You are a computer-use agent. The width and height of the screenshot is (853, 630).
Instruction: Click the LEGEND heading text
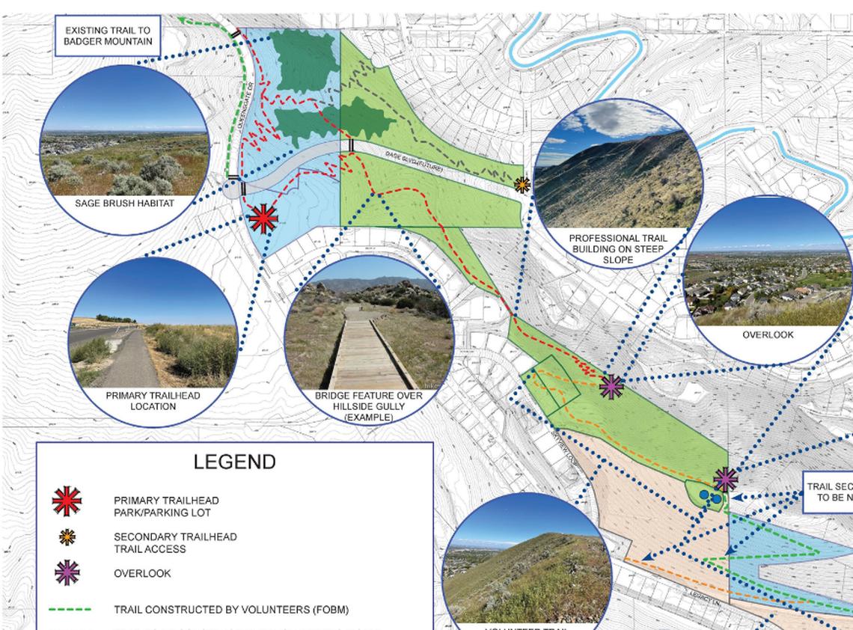click(234, 462)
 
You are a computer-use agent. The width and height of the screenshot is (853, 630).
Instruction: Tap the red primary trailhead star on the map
click(263, 218)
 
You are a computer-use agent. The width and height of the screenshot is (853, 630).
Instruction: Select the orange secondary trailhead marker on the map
click(522, 183)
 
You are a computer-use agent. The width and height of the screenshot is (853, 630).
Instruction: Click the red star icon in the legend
click(67, 501)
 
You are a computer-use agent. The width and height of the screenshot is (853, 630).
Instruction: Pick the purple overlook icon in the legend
click(67, 573)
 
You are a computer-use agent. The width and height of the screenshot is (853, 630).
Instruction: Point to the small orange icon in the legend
click(67, 536)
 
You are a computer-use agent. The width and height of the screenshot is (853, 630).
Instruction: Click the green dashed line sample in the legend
click(69, 610)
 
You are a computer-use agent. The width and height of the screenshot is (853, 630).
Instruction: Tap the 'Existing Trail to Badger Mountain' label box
click(107, 36)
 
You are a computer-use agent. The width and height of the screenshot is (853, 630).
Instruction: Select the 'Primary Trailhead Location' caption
click(153, 401)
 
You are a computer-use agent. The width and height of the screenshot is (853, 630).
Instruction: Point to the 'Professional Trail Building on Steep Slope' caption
click(618, 249)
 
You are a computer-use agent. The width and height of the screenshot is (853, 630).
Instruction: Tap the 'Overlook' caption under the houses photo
click(768, 335)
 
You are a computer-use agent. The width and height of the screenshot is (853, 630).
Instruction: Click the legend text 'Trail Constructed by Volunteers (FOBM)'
click(231, 610)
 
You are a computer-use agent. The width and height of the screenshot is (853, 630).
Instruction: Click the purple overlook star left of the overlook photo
click(611, 386)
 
